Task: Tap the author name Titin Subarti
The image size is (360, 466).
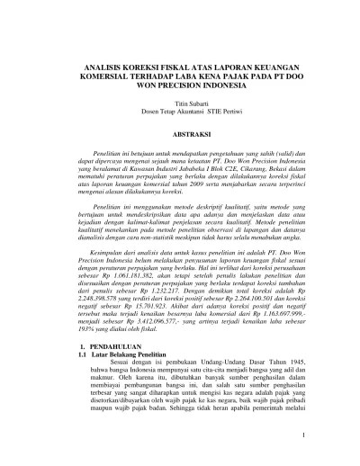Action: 180,103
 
